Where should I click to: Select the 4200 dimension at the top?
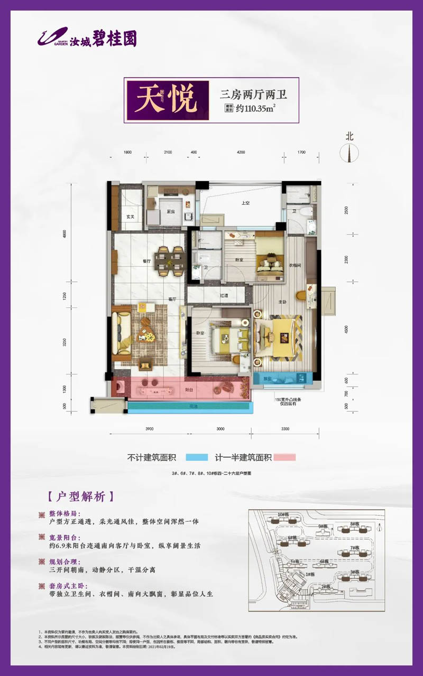(x=241, y=152)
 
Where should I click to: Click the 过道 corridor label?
(x=224, y=296)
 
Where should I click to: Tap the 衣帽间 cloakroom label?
(x=295, y=265)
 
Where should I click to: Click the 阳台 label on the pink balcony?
(x=188, y=390)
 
